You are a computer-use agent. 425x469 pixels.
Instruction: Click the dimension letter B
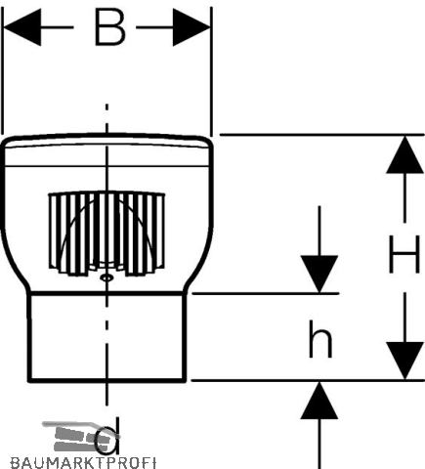(x=109, y=27)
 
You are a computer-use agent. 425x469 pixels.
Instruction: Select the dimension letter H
(x=404, y=254)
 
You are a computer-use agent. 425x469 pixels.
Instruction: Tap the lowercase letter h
(x=320, y=339)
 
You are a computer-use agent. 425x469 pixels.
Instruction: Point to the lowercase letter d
(x=106, y=436)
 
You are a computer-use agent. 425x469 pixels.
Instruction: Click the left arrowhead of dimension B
(x=22, y=27)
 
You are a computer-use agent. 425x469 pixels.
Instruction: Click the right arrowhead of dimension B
(x=191, y=27)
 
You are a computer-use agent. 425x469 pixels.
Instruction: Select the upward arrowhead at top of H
(x=404, y=154)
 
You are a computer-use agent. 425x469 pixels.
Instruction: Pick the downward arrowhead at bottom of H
(x=404, y=361)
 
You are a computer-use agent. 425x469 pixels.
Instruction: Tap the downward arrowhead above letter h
(x=319, y=275)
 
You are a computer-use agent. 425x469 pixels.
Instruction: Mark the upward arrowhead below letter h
(x=319, y=401)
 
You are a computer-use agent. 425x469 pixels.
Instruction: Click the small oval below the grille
(x=106, y=277)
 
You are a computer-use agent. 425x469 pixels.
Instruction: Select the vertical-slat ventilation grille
(x=106, y=234)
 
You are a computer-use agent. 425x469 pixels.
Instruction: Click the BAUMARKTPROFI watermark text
(x=83, y=462)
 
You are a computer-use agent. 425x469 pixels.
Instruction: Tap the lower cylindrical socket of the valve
(x=106, y=337)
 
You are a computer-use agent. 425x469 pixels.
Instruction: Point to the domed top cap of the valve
(x=107, y=149)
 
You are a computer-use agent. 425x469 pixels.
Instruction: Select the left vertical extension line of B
(x=2, y=70)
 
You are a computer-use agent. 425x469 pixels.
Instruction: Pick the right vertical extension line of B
(x=212, y=71)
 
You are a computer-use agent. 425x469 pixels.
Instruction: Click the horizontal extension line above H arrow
(x=321, y=134)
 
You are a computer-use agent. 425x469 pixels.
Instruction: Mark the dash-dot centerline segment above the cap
(x=106, y=118)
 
